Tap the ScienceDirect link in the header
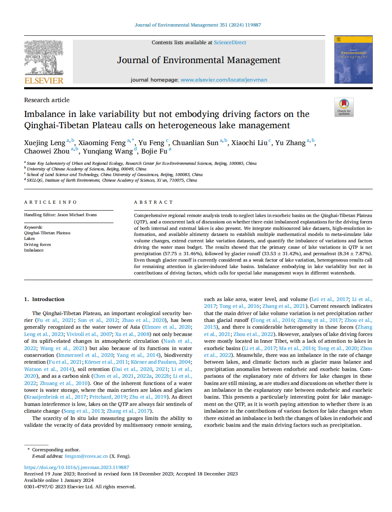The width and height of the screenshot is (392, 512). [230, 43]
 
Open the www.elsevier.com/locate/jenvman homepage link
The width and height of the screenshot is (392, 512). [224, 80]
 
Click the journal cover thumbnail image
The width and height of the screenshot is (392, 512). [353, 59]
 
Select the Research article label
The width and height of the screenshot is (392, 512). [47, 100]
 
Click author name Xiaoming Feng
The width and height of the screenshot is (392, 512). [102, 143]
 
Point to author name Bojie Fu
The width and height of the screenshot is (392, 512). [154, 152]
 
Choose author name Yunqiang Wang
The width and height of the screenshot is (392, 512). [108, 152]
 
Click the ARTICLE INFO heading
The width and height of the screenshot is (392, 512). [50, 203]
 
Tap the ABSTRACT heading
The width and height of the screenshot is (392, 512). [153, 203]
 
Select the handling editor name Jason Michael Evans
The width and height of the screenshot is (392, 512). [77, 215]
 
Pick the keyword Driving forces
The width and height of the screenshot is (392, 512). [37, 244]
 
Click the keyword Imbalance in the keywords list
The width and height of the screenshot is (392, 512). [34, 250]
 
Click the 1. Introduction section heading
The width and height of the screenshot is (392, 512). [44, 299]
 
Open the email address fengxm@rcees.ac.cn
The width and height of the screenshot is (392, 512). [86, 457]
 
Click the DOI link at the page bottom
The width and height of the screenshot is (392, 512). [76, 468]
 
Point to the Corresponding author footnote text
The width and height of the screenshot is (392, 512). [56, 450]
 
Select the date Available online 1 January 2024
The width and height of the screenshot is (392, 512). [59, 480]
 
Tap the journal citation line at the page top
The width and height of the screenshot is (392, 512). [198, 25]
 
